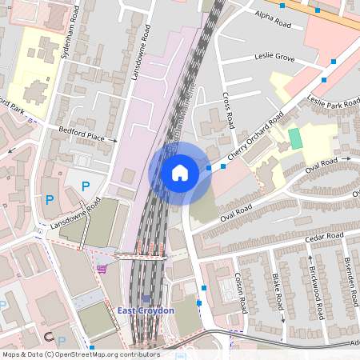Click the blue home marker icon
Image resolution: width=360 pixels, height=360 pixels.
tap(180, 172)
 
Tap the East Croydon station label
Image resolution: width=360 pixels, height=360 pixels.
tap(139, 310)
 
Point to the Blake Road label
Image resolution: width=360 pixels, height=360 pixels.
tap(277, 291)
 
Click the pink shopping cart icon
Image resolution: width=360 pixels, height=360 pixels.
tap(102, 269)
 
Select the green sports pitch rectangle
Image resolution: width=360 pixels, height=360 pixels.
tap(295, 138)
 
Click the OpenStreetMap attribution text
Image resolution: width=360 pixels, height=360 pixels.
tap(80, 354)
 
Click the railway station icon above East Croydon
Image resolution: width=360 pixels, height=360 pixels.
tap(145, 298)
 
